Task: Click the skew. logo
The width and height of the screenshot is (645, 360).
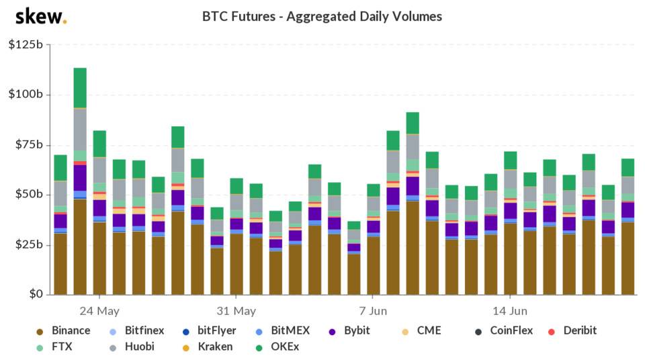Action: [x=41, y=16]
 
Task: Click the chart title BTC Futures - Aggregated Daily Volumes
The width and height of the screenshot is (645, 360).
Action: [x=322, y=16]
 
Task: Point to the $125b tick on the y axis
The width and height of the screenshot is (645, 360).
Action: [x=25, y=44]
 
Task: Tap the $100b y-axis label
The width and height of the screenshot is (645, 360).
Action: [x=25, y=95]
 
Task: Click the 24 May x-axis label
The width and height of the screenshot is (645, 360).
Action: [x=99, y=311]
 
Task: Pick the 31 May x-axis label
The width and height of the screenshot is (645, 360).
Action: [x=236, y=311]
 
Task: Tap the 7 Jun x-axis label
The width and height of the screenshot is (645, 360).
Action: [x=373, y=311]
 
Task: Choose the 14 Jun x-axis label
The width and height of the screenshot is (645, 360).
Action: [x=510, y=311]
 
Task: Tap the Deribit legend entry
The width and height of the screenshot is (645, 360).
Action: [x=571, y=330]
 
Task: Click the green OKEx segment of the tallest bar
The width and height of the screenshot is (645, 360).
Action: [x=80, y=87]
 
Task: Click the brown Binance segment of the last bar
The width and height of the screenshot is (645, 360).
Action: [x=628, y=258]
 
